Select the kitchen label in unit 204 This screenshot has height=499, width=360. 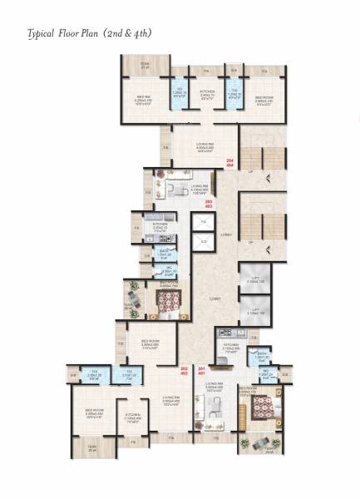(208, 93)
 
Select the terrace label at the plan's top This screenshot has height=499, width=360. (145, 66)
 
